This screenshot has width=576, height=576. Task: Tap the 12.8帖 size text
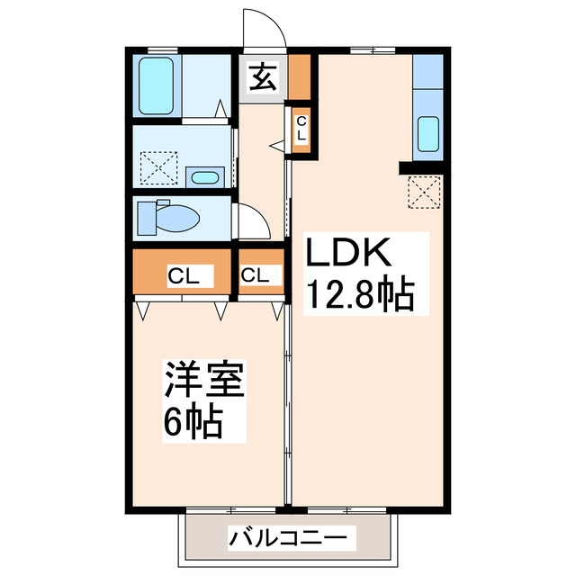[x=362, y=294]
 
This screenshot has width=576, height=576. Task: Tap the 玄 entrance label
[x=262, y=80]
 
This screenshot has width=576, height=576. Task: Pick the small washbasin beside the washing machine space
[x=206, y=175]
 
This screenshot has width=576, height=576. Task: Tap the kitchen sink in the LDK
[x=428, y=134]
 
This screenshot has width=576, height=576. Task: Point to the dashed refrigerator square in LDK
[x=423, y=193]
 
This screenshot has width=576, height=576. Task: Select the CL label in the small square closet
[x=254, y=276]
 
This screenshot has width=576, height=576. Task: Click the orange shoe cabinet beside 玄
[x=299, y=79]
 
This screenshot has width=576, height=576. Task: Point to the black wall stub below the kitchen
[x=420, y=167]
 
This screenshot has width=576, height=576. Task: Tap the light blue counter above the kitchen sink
[x=427, y=72]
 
